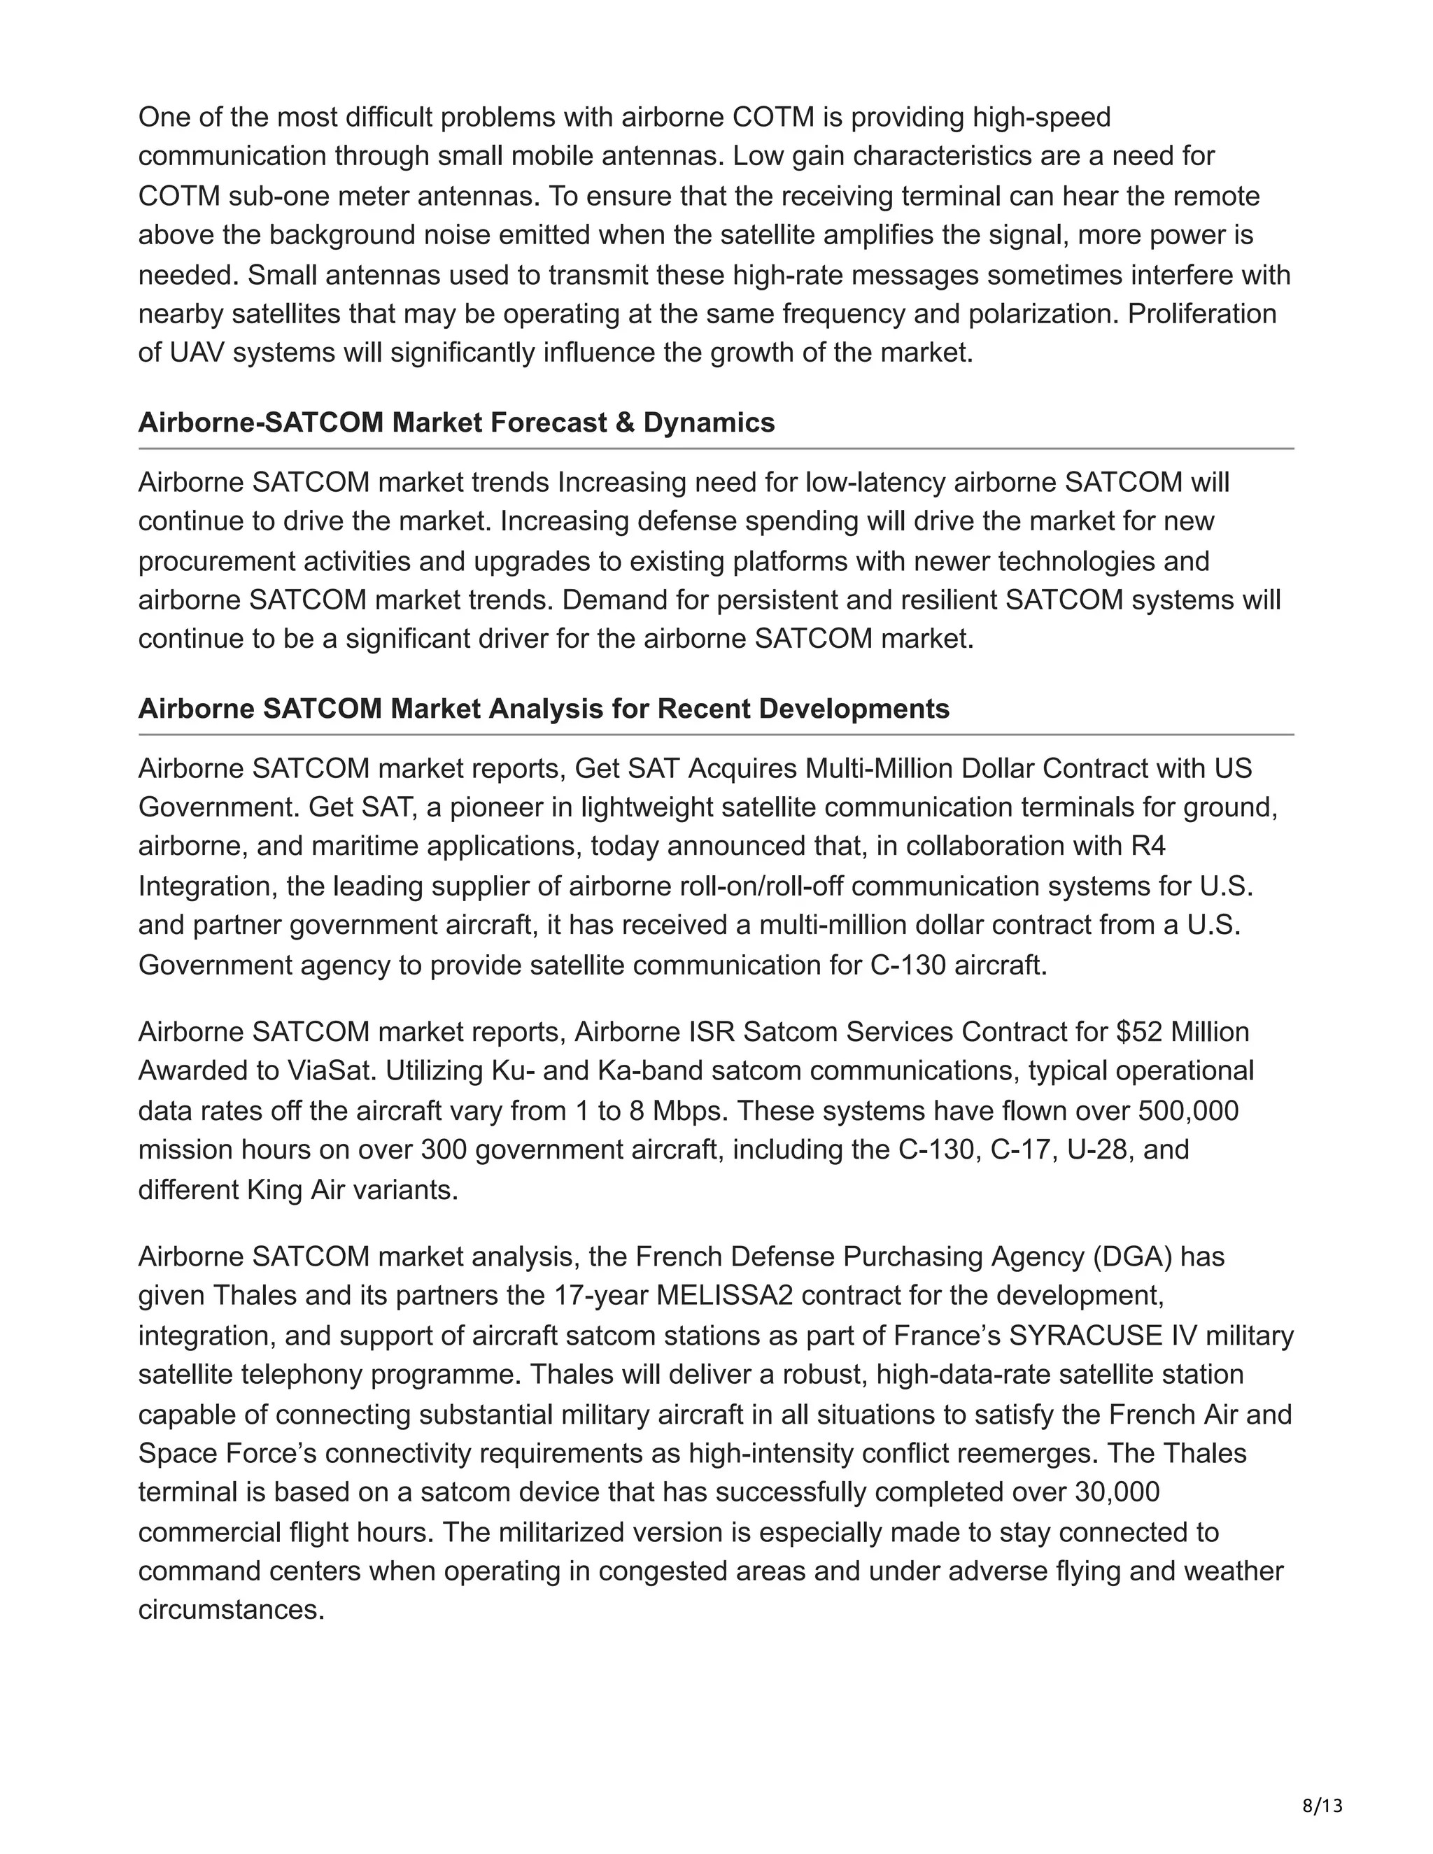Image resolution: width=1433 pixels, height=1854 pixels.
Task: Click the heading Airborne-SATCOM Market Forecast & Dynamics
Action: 456,423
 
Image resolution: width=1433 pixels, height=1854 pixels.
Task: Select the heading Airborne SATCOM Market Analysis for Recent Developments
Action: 543,709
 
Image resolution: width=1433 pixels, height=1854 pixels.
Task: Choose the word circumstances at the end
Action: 231,1611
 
